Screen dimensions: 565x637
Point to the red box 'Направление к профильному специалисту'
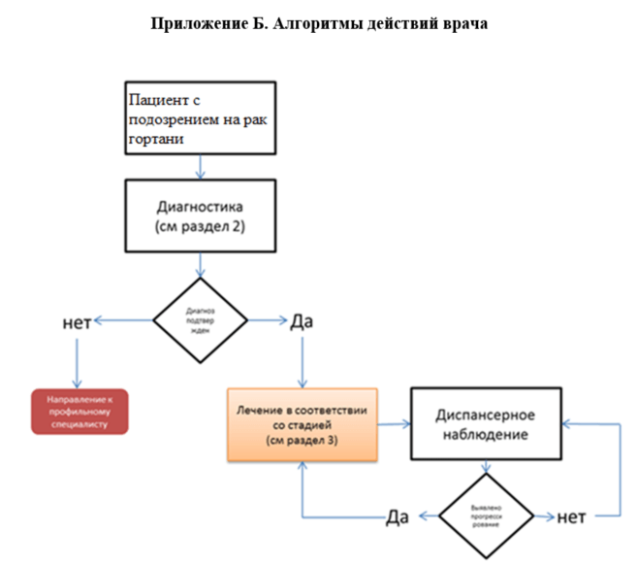point(79,410)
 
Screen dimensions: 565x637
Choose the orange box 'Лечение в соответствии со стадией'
point(302,424)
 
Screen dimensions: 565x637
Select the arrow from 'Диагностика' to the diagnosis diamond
point(200,265)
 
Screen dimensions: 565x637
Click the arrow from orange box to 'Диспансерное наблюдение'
point(394,424)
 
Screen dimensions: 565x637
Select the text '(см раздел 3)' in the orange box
point(302,441)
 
